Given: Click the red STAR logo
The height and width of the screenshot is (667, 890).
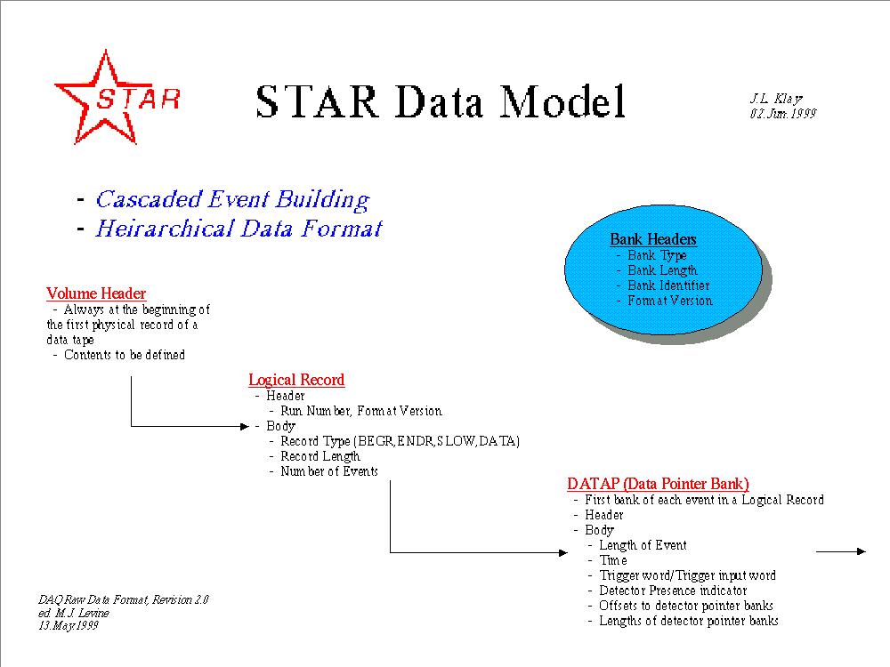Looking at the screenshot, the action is (117, 97).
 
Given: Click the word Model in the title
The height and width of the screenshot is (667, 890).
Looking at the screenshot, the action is (562, 101).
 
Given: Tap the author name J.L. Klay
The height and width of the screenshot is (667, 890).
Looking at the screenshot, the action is (776, 99).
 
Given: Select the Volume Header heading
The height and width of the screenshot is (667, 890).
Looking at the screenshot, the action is (96, 293).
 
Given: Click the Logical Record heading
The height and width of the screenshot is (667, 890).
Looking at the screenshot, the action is (296, 380).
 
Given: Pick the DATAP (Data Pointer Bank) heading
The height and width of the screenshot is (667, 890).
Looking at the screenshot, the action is (658, 484).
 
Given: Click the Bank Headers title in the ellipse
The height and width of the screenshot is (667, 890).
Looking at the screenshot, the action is (652, 239).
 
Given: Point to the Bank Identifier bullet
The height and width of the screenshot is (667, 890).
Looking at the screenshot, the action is (668, 285).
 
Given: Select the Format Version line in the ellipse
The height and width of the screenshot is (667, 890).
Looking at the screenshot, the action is (670, 301).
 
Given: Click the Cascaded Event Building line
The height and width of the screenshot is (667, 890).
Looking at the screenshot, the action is (232, 199).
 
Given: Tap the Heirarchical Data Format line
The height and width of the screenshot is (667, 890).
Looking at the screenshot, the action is (239, 229).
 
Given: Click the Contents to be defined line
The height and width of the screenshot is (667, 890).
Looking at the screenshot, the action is (125, 355).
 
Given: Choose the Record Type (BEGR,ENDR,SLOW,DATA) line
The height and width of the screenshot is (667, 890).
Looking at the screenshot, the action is (400, 441).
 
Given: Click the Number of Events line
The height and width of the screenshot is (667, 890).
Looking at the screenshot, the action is (329, 471).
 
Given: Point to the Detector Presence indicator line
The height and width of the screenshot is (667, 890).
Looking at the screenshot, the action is (673, 591).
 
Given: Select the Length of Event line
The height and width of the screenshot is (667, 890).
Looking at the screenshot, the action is (643, 546).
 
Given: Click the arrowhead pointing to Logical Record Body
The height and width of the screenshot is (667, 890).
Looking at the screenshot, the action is (246, 427).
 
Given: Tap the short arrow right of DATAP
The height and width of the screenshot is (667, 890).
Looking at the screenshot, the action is (841, 551).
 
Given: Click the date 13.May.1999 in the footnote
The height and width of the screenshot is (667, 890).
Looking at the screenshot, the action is (69, 625).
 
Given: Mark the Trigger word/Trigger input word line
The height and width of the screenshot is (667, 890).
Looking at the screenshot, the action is (687, 575).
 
